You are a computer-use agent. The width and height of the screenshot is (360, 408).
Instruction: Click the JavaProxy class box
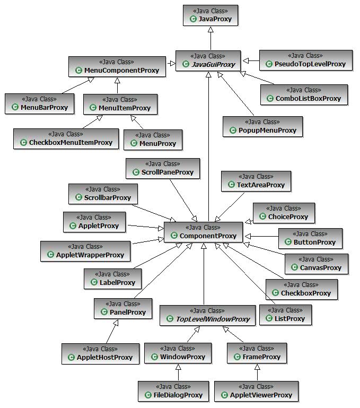point(210,15)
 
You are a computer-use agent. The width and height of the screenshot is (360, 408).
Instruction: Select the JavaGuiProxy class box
point(208,60)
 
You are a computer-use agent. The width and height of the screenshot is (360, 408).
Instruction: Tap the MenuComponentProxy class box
point(117,66)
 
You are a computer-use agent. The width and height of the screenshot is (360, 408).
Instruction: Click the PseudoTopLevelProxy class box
point(305,60)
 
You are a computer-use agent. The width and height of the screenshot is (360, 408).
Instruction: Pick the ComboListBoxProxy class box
point(304,94)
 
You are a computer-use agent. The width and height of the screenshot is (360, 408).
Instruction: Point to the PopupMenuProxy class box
point(262,126)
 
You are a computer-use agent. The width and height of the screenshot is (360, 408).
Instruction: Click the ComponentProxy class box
point(204,232)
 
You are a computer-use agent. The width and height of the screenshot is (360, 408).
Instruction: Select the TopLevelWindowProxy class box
point(208,315)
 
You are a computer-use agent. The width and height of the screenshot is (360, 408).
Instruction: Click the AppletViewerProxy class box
point(257,391)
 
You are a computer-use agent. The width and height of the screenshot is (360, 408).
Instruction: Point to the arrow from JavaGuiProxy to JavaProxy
point(210,38)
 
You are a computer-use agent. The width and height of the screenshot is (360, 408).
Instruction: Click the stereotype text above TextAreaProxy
point(256,177)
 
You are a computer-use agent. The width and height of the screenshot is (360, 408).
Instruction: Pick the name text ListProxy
point(289,319)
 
